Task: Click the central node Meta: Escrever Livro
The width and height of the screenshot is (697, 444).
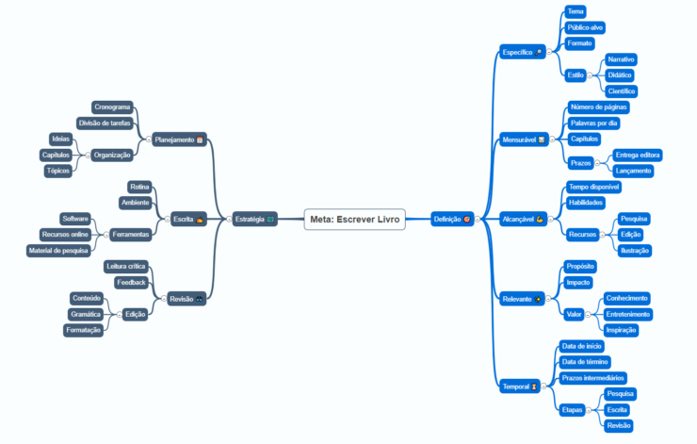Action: pyautogui.click(x=355, y=220)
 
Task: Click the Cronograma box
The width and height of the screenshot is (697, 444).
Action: pyautogui.click(x=112, y=107)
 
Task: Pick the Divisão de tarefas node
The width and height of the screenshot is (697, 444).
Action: pyautogui.click(x=104, y=123)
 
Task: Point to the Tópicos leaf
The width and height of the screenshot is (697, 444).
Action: pyautogui.click(x=57, y=171)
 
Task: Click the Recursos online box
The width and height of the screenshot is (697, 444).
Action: pyautogui.click(x=65, y=234)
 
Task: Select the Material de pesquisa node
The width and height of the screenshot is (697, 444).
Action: pyautogui.click(x=58, y=250)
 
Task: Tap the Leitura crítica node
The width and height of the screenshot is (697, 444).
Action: pyautogui.click(x=126, y=267)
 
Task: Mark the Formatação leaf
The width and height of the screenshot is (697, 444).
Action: pyautogui.click(x=84, y=330)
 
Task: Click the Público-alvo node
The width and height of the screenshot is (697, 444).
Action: pyautogui.click(x=586, y=27)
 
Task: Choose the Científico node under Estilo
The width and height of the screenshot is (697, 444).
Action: pyautogui.click(x=622, y=91)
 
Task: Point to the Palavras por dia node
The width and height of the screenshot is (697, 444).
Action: pyautogui.click(x=594, y=123)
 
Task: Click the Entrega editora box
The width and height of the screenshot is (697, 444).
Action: pyautogui.click(x=638, y=155)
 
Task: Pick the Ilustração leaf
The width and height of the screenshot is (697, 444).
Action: pyautogui.click(x=634, y=250)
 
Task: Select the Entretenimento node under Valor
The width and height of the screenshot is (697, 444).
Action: pyautogui.click(x=626, y=314)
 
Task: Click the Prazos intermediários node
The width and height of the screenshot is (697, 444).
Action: pyautogui.click(x=592, y=377)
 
